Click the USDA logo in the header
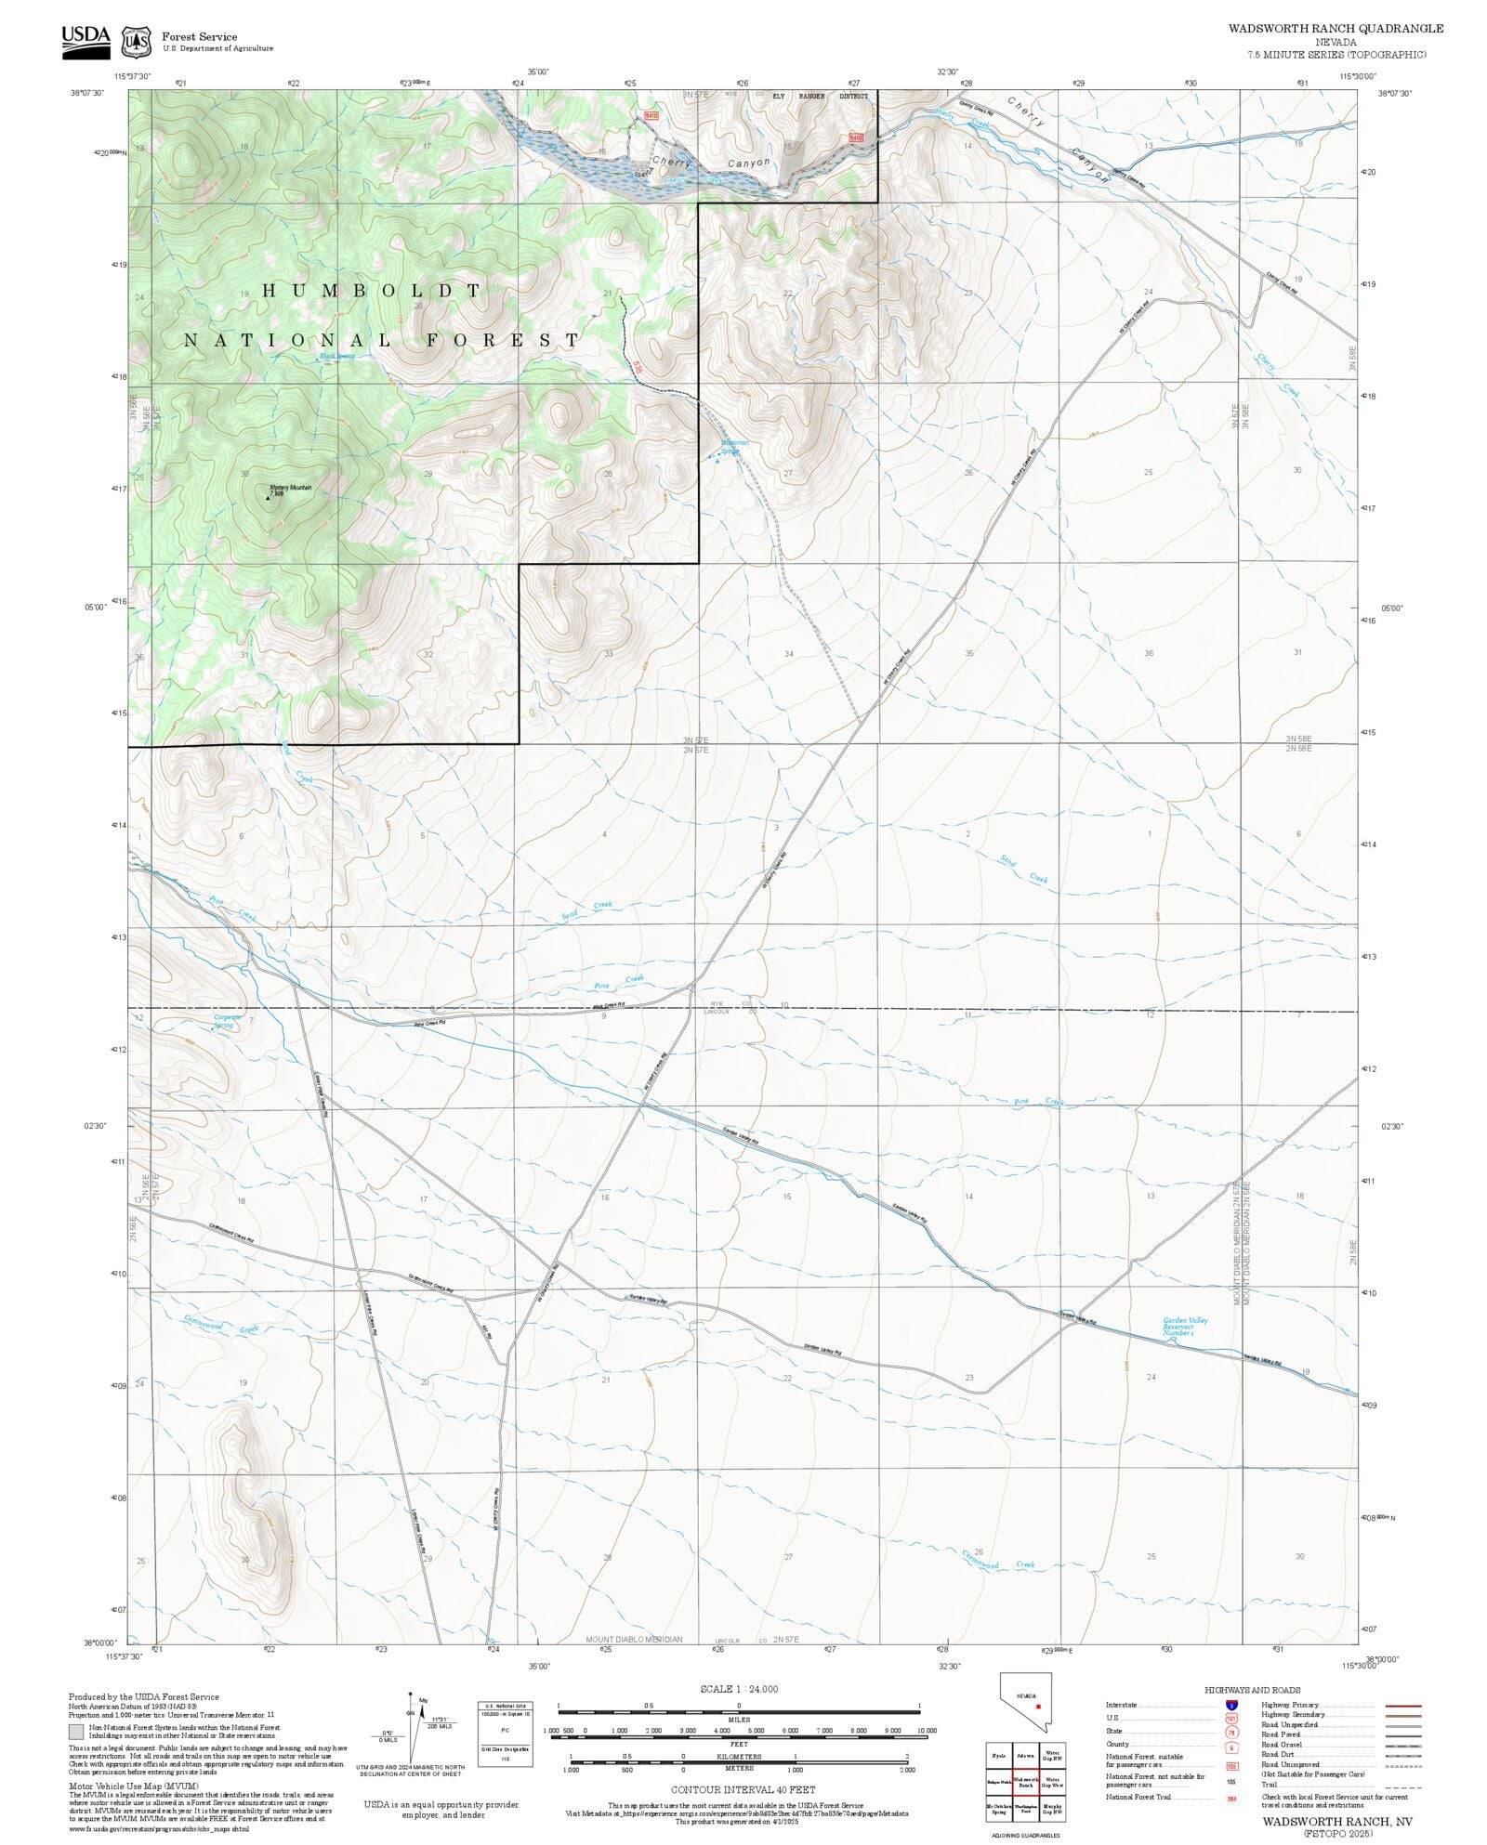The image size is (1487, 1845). pyautogui.click(x=86, y=41)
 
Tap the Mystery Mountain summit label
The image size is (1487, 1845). pyautogui.click(x=290, y=488)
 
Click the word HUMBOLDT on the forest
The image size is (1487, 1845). pyautogui.click(x=372, y=291)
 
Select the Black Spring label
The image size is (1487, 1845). pyautogui.click(x=336, y=356)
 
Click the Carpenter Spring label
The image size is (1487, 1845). pyautogui.click(x=227, y=1020)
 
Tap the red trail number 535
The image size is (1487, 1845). pyautogui.click(x=636, y=366)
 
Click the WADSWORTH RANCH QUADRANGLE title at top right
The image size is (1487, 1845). pyautogui.click(x=1336, y=29)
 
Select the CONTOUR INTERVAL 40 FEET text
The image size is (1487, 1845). pyautogui.click(x=743, y=1789)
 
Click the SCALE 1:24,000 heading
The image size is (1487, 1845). pyautogui.click(x=739, y=1689)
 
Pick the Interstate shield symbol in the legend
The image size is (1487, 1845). pyautogui.click(x=1231, y=1706)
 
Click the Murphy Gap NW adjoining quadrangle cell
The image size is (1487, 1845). pyautogui.click(x=1052, y=1809)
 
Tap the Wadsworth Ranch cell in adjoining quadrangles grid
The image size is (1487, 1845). pyautogui.click(x=1025, y=1782)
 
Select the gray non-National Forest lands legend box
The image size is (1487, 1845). pyautogui.click(x=76, y=1732)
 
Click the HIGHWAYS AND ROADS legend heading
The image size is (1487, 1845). pyautogui.click(x=1252, y=1690)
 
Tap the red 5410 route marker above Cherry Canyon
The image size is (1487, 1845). pyautogui.click(x=651, y=115)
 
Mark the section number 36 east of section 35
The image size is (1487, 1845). pyautogui.click(x=1149, y=653)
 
